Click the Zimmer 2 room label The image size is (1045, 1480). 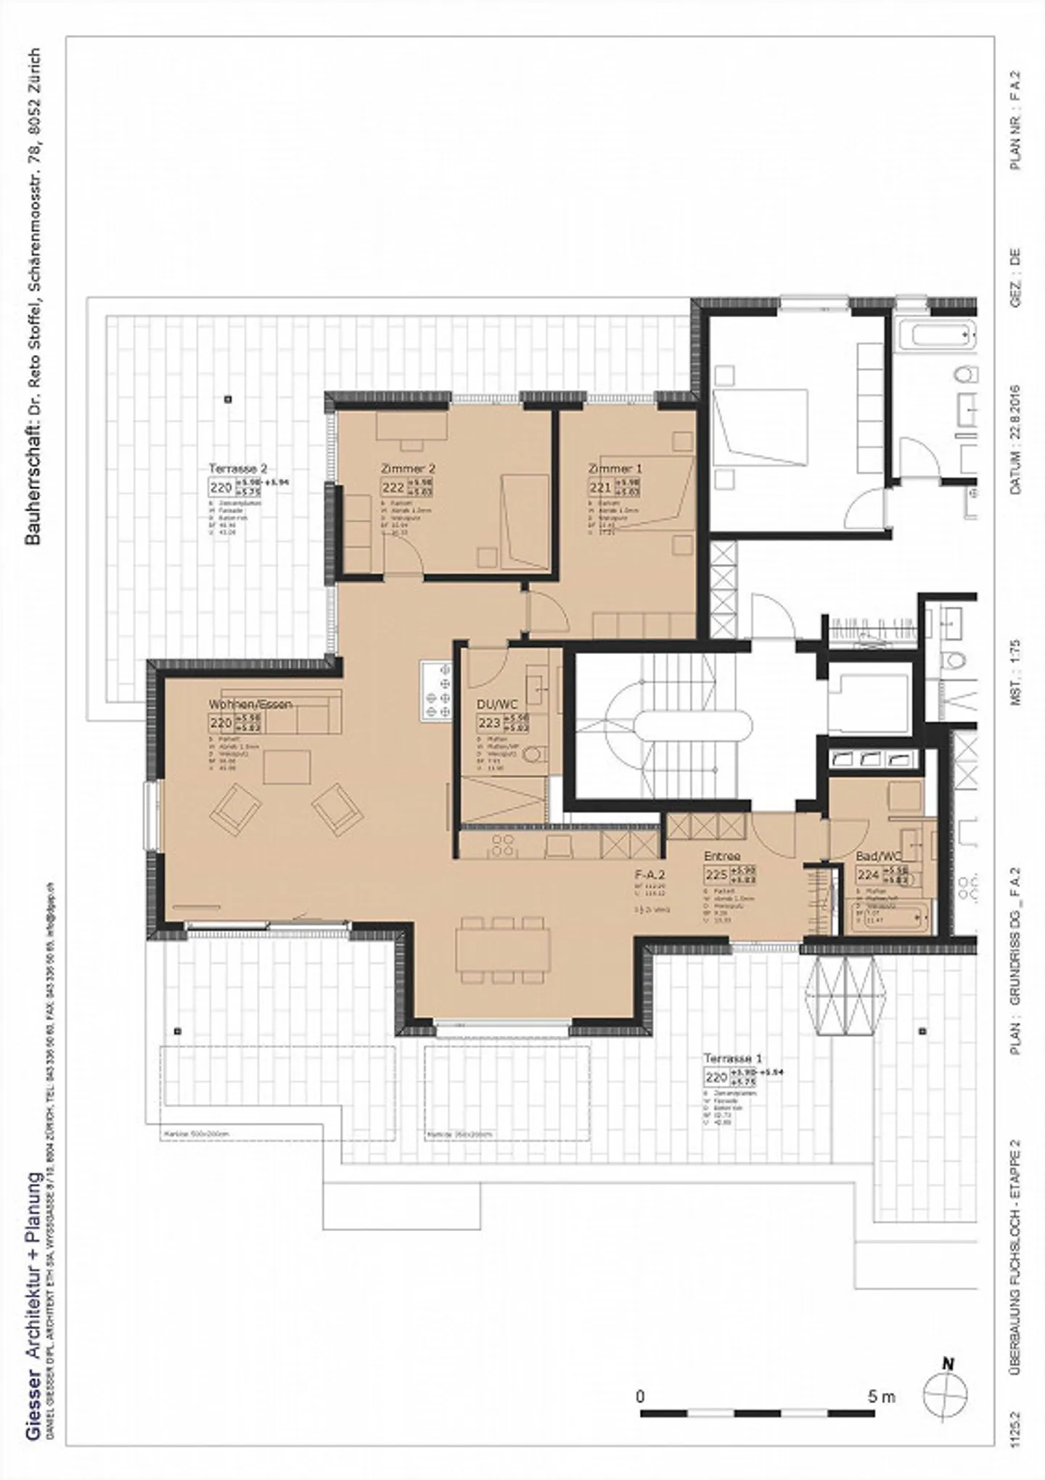[x=408, y=469]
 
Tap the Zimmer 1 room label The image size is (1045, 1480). [x=615, y=469]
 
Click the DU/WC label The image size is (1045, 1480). [x=497, y=704]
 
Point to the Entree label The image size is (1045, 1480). [x=721, y=856]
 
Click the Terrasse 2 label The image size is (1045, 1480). [x=237, y=469]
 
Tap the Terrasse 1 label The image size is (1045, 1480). [x=732, y=1058]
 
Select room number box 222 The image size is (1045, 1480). [x=393, y=488]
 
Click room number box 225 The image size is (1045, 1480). [x=716, y=875]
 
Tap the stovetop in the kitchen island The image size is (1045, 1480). [x=436, y=690]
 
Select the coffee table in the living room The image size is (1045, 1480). [x=287, y=767]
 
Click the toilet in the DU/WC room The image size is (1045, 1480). [x=535, y=755]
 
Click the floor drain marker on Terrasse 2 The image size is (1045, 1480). [x=228, y=398]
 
